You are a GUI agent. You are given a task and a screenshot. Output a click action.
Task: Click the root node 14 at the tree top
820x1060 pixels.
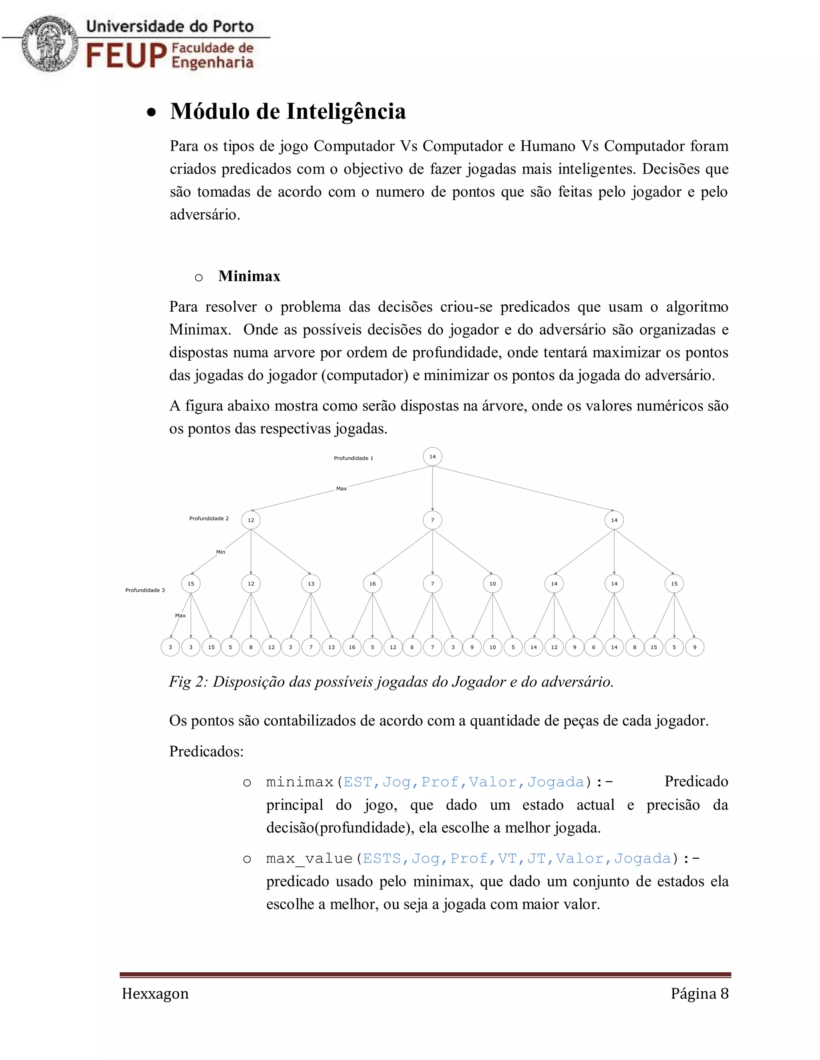[x=432, y=457]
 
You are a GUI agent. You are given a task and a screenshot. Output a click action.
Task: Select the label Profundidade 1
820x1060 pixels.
[x=353, y=458]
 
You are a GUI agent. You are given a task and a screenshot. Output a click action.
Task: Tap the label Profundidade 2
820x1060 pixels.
[x=209, y=518]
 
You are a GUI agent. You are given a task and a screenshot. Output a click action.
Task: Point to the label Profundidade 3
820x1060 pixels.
[x=145, y=590]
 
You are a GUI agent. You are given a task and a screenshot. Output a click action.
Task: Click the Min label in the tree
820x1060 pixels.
[x=221, y=552]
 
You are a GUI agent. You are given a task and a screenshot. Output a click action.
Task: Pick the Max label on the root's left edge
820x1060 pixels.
[x=342, y=489]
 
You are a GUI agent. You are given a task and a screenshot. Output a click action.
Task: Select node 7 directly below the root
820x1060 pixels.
[x=432, y=520]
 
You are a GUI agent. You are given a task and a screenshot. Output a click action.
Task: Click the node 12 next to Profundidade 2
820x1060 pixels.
[x=251, y=520]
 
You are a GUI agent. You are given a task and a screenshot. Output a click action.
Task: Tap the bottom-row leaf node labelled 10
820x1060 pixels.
[x=492, y=647]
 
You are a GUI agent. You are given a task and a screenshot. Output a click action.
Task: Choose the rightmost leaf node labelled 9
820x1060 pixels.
[x=695, y=647]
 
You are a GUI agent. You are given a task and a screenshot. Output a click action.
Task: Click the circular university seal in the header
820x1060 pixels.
[x=50, y=44]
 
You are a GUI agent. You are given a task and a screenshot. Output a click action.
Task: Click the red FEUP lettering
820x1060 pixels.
[x=126, y=55]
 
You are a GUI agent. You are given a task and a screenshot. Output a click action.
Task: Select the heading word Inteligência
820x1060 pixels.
[x=346, y=111]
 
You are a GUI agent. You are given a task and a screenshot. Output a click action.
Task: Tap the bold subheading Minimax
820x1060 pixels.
[x=249, y=276]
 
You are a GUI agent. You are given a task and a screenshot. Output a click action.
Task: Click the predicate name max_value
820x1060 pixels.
[x=309, y=858]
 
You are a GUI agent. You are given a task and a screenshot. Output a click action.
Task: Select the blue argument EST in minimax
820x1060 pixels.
[x=358, y=782]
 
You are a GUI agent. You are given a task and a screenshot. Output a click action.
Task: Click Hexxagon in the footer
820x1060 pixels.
[x=155, y=994]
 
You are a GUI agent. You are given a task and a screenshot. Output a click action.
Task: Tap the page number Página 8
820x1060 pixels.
[x=699, y=994]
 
